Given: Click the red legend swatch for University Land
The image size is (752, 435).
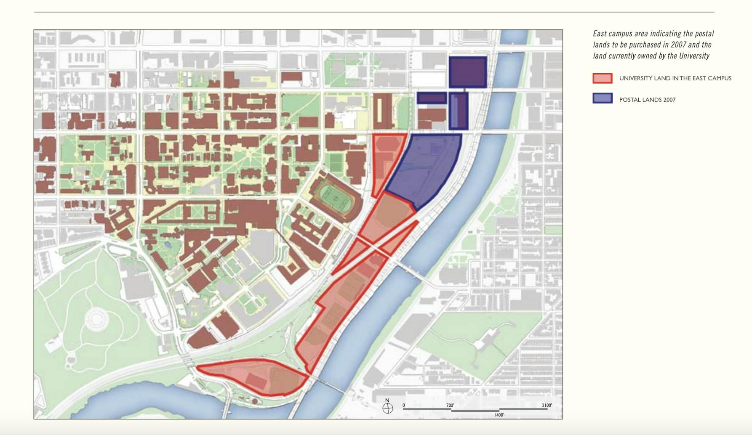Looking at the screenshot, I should click(602, 78).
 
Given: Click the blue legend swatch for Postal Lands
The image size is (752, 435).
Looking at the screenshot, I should click(602, 99).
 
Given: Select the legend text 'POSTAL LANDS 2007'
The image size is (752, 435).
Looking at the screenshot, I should click(647, 100).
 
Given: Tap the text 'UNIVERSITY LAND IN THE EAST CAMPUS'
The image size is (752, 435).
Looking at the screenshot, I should click(675, 78).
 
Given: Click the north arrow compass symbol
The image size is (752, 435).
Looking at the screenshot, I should click(388, 408).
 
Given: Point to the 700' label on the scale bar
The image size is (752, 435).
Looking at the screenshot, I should click(450, 406).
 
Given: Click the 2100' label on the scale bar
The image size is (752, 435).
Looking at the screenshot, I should click(547, 406).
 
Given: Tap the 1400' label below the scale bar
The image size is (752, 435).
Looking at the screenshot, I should click(499, 415).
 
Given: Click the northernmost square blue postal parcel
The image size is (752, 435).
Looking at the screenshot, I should click(468, 72).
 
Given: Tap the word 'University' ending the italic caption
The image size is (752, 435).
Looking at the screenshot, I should click(694, 56).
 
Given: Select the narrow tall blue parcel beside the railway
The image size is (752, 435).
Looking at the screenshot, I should click(459, 111).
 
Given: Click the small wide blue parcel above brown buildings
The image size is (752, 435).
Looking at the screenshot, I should click(432, 98).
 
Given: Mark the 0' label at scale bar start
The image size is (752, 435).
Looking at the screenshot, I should click(404, 406).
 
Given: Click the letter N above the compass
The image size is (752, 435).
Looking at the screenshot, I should click(387, 401).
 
